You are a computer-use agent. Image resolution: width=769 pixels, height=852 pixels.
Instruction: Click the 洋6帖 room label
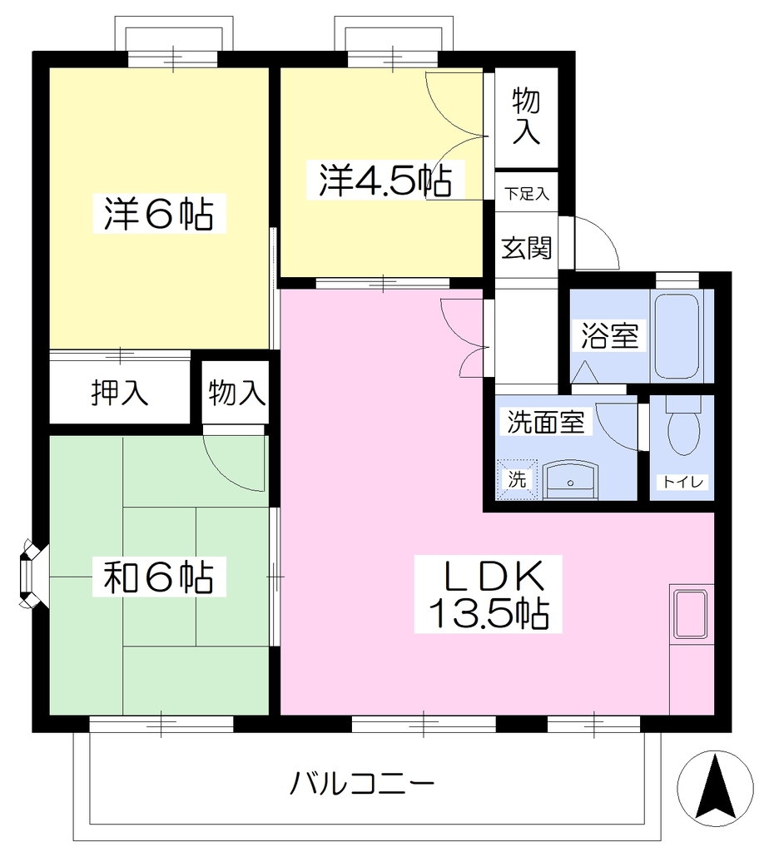click(159, 214)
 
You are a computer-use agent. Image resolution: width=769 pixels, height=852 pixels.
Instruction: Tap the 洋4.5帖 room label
click(385, 180)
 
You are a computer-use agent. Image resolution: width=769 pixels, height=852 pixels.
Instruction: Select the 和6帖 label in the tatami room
click(159, 577)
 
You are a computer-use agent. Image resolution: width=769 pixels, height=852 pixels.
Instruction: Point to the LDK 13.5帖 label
click(489, 594)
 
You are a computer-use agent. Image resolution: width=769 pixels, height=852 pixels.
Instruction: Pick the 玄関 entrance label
click(526, 248)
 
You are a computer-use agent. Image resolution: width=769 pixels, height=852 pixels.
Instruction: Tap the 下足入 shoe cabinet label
click(527, 193)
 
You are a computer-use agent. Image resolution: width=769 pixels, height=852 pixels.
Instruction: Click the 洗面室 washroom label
click(546, 422)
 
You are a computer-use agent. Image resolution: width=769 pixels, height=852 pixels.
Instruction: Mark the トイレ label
click(682, 482)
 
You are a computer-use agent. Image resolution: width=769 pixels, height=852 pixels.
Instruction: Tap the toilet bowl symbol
click(683, 428)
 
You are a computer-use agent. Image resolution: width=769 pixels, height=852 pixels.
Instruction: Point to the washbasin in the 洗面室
click(571, 480)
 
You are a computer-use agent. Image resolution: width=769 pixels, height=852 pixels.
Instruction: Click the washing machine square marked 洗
click(516, 479)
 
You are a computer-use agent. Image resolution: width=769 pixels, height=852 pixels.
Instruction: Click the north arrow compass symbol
click(715, 788)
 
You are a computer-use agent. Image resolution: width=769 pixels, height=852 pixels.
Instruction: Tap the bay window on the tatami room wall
click(30, 573)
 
